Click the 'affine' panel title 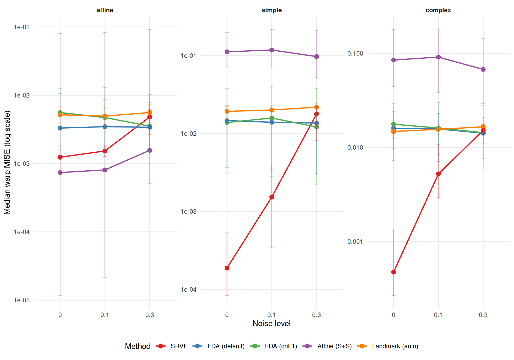tap(105, 10)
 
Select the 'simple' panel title tap(271, 10)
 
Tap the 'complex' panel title tap(438, 10)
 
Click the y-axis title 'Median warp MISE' tap(7, 162)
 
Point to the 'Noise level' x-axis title tap(271, 324)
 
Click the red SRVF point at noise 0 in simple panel tap(227, 268)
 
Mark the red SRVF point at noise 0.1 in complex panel tap(438, 174)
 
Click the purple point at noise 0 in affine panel tap(60, 172)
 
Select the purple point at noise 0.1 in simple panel tap(272, 50)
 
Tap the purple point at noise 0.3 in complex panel tap(483, 70)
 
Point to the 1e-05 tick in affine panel tap(22, 300)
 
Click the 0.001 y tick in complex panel tap(355, 242)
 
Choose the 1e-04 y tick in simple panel tap(188, 290)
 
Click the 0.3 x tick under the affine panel tap(150, 315)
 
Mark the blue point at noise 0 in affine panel tap(60, 128)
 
